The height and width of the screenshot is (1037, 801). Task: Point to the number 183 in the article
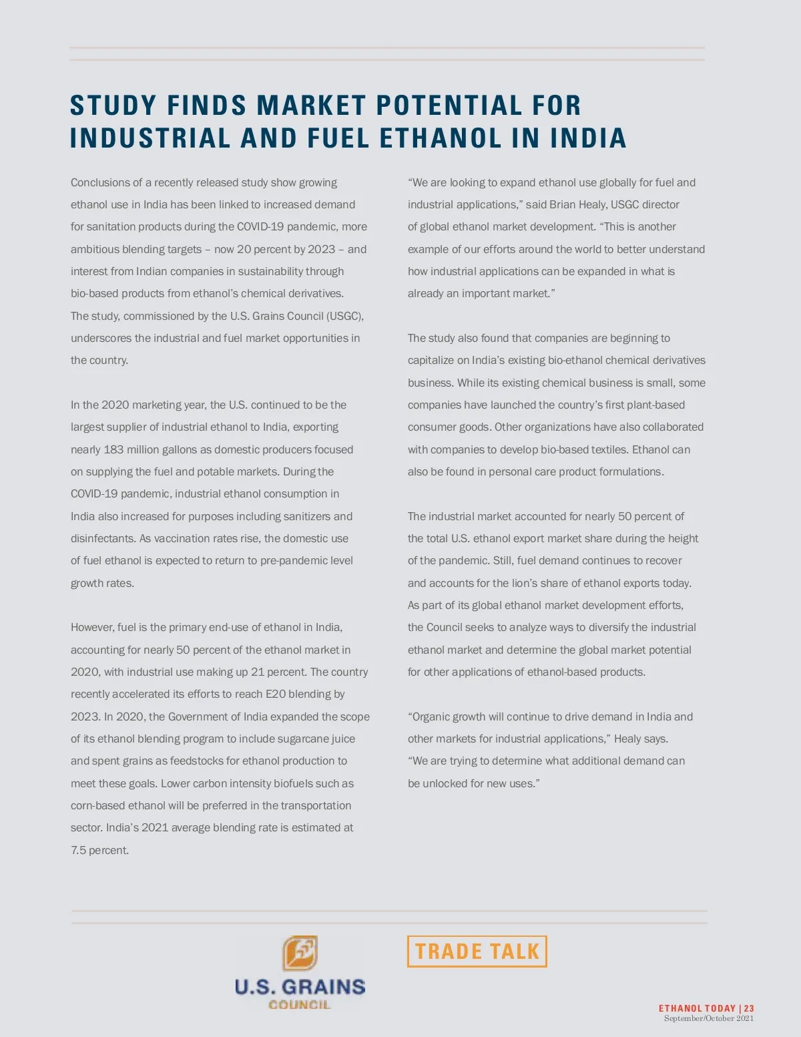(x=113, y=449)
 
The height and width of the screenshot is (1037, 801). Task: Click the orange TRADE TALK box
(x=477, y=952)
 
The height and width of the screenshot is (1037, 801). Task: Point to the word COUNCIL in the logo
(x=299, y=1004)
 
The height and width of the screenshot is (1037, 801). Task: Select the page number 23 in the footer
(x=749, y=1008)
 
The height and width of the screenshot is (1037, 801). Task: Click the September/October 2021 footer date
(x=708, y=1018)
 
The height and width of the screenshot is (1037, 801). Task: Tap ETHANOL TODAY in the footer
(x=697, y=1008)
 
